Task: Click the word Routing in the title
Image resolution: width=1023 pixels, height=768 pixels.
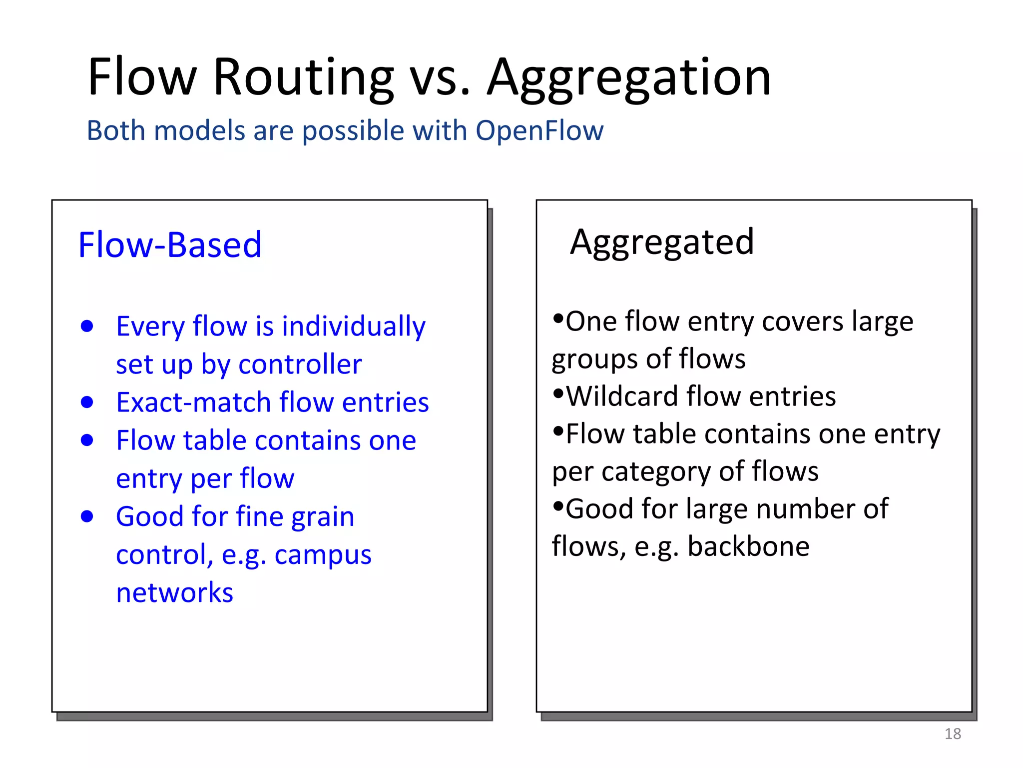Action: [x=303, y=77]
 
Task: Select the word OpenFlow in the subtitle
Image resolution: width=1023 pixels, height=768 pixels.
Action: [x=539, y=130]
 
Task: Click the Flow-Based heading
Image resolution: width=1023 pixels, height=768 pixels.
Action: [x=170, y=245]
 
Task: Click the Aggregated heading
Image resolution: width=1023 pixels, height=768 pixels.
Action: [x=661, y=242]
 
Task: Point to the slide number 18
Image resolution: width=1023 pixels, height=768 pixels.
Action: [x=953, y=733]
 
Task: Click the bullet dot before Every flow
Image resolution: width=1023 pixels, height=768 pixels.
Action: [x=87, y=326]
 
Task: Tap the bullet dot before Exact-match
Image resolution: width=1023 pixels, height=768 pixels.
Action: [x=87, y=402]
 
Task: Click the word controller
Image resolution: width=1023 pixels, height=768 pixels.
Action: [x=300, y=364]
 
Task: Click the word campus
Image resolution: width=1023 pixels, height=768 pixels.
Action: [x=323, y=555]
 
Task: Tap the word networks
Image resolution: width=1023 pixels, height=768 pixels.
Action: [x=174, y=593]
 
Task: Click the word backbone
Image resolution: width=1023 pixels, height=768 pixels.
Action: [x=748, y=546]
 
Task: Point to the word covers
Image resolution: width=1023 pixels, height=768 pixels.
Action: [x=803, y=321]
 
